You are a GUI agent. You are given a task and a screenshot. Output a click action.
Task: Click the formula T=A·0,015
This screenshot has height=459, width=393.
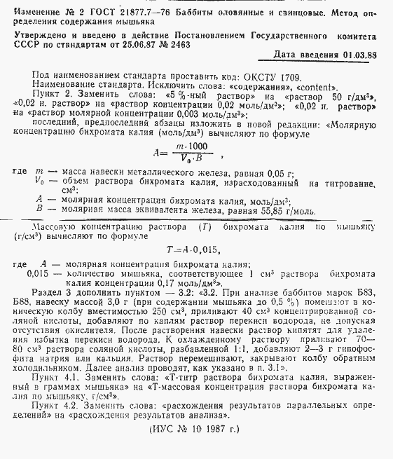[x=188, y=249]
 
